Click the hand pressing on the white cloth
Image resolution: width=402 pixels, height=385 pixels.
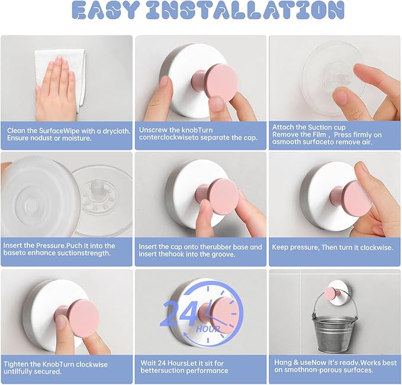(57, 89)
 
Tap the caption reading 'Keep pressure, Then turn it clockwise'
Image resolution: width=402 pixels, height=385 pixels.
(332, 247)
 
